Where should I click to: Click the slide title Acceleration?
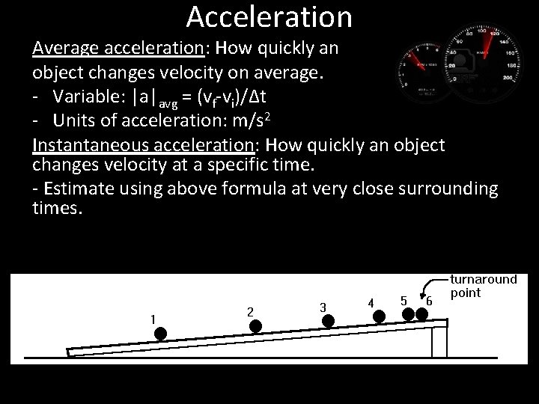tap(269, 16)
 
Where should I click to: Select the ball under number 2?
tap(256, 326)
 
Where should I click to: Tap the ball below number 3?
tap(328, 321)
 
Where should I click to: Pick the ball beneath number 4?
tap(380, 316)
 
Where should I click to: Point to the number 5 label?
tap(404, 301)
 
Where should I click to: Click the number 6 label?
tap(430, 301)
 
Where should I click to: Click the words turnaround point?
tap(483, 286)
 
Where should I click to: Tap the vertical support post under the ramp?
tap(440, 342)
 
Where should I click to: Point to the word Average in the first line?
tap(61, 49)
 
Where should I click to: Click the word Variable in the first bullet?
tap(78, 98)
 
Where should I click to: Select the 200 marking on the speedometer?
tap(511, 78)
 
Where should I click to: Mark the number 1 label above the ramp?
tap(153, 319)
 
